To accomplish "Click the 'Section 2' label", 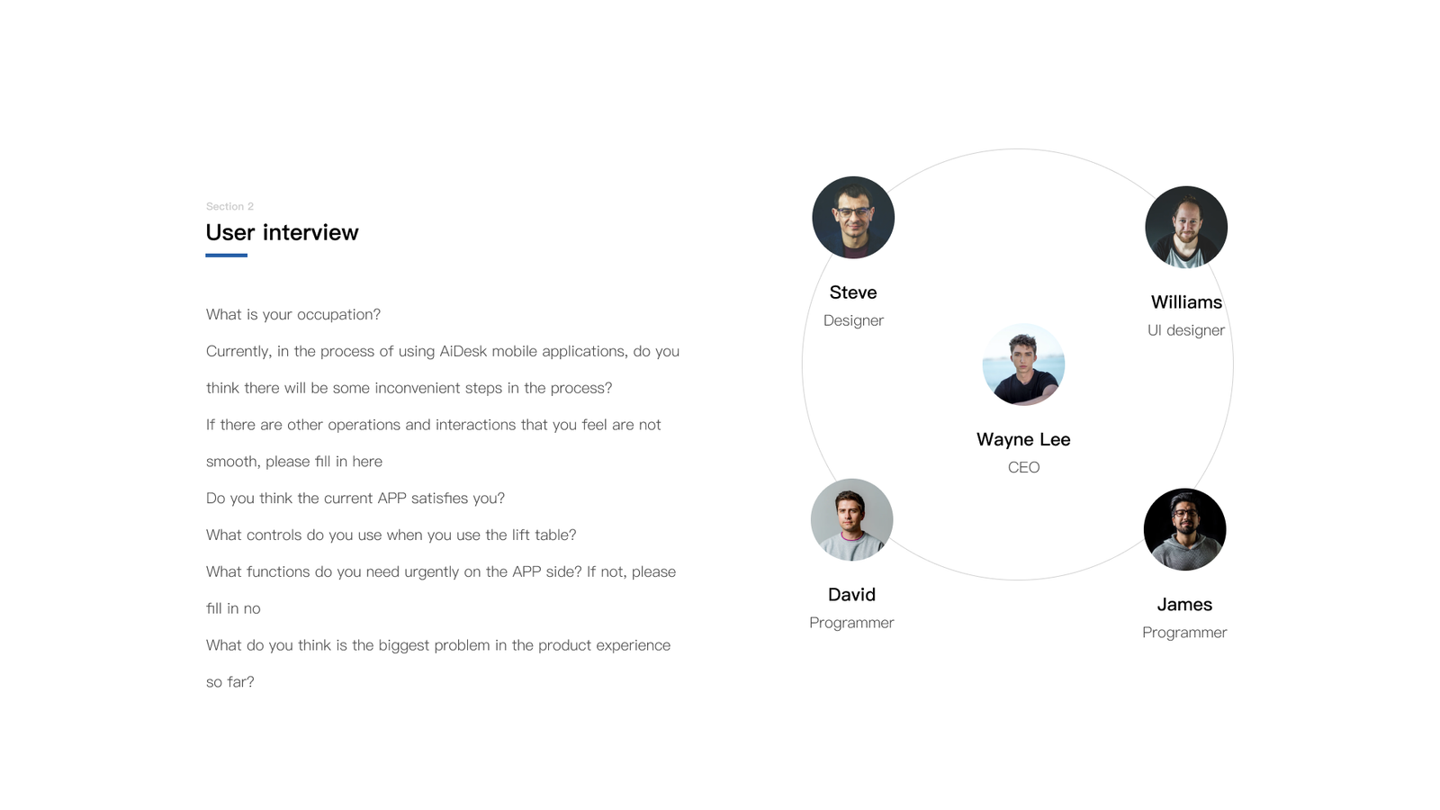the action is point(229,206).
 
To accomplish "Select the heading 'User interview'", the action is point(283,233).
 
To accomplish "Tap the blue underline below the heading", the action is point(226,256).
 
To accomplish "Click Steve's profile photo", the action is point(853,217).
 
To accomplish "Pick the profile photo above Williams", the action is point(1186,227).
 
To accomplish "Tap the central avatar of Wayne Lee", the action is point(1023,364).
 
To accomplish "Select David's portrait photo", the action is point(851,519).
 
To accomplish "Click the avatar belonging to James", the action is point(1184,529).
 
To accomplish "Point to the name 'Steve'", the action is point(853,292).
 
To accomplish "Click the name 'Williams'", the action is point(1186,302).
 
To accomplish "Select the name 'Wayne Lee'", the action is point(1023,440).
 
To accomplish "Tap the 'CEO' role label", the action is point(1023,467).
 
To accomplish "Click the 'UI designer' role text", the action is point(1186,330).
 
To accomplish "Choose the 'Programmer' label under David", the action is point(851,623).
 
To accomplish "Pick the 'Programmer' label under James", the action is point(1184,633).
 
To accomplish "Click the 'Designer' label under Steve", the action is point(853,320).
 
